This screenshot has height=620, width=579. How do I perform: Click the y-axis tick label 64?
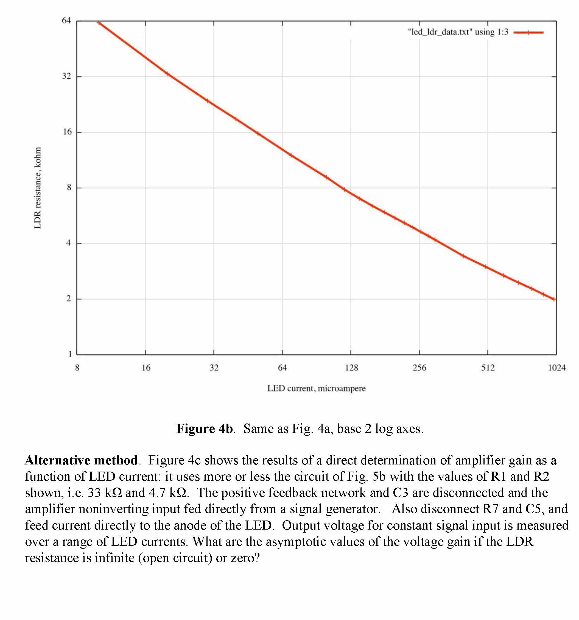tap(66, 21)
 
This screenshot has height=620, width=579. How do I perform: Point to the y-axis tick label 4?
tap(69, 243)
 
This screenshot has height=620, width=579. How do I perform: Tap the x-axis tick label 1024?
tap(556, 368)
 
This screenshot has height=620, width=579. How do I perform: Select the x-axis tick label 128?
tap(351, 368)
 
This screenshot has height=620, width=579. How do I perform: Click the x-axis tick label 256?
tap(419, 368)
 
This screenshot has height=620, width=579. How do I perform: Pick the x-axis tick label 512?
tap(488, 368)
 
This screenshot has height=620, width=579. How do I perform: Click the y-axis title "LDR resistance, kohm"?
tap(37, 188)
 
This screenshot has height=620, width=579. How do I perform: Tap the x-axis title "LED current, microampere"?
tap(316, 389)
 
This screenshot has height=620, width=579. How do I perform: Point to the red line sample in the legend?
tap(528, 32)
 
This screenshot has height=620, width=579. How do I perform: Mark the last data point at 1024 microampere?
tap(554, 299)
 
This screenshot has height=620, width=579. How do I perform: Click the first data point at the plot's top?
tap(99, 23)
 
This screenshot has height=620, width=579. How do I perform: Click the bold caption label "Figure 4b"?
tap(205, 429)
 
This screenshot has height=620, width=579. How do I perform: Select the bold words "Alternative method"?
tap(81, 460)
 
